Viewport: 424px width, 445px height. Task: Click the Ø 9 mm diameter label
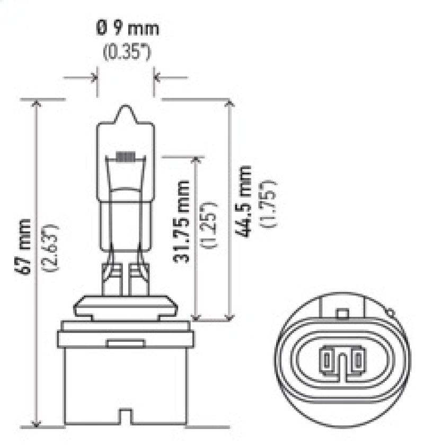[127, 28]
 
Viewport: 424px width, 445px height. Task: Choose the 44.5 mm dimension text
[244, 201]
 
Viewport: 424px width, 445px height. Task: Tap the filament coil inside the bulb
[126, 157]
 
